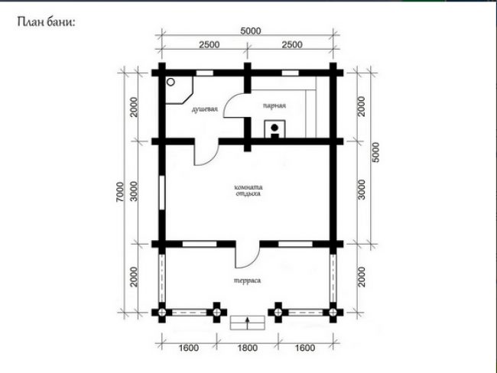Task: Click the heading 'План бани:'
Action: pyautogui.click(x=47, y=22)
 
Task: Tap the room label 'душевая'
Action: pyautogui.click(x=205, y=109)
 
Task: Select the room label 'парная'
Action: pyautogui.click(x=274, y=105)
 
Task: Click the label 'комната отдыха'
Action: pyautogui.click(x=248, y=190)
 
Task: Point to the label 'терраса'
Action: pyautogui.click(x=248, y=281)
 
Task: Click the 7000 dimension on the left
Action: pyautogui.click(x=120, y=192)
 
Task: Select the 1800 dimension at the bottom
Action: pyautogui.click(x=248, y=348)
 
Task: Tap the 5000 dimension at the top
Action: pyautogui.click(x=250, y=31)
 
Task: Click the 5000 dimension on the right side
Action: pyautogui.click(x=375, y=152)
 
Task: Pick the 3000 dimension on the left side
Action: pyautogui.click(x=135, y=191)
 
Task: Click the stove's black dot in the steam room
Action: pyautogui.click(x=274, y=128)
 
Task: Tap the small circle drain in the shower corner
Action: pyautogui.click(x=171, y=82)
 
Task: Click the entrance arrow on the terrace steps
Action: pyautogui.click(x=247, y=323)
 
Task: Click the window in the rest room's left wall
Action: pyautogui.click(x=162, y=193)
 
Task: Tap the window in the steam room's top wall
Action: pyautogui.click(x=291, y=73)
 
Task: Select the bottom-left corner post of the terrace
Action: pyautogui.click(x=162, y=313)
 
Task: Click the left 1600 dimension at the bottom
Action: pyautogui.click(x=189, y=348)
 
